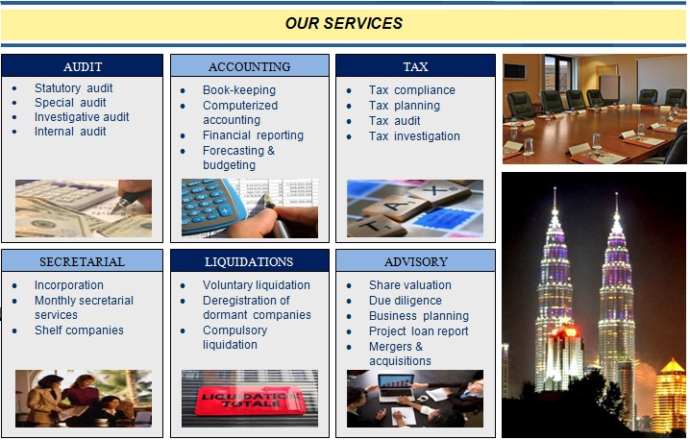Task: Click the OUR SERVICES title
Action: click(x=344, y=23)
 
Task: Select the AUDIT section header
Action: click(x=83, y=66)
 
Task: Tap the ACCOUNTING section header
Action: click(x=250, y=66)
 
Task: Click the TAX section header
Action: click(x=415, y=66)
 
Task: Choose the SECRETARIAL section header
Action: click(x=82, y=262)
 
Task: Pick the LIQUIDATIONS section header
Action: click(x=249, y=262)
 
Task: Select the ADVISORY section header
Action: click(x=416, y=262)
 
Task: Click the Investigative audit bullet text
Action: click(x=82, y=117)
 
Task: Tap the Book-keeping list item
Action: click(x=239, y=90)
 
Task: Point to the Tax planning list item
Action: click(x=405, y=106)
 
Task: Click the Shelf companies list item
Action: click(x=79, y=330)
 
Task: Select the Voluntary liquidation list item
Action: click(x=257, y=285)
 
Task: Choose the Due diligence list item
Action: click(x=406, y=301)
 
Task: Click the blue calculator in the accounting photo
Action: click(x=211, y=206)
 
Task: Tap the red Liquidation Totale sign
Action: click(x=249, y=400)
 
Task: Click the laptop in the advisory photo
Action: click(x=396, y=387)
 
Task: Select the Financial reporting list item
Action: click(x=253, y=135)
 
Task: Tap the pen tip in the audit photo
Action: click(x=113, y=212)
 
